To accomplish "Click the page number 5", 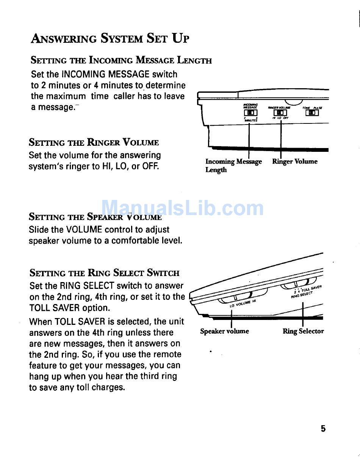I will point(323,429).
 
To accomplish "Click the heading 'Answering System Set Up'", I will point(110,38).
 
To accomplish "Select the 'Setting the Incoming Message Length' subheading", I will point(121,60).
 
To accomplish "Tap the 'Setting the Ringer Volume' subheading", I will point(94,143).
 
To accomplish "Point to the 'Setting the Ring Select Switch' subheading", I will point(105,273).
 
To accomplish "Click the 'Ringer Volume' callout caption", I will point(295,162).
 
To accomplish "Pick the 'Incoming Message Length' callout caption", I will point(233,165).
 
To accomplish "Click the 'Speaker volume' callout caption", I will point(224,331).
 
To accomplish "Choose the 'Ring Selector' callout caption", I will point(303,331).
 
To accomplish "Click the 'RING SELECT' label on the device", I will point(302,294).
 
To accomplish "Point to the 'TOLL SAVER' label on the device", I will point(311,289).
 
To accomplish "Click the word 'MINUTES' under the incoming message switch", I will point(251,120).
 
